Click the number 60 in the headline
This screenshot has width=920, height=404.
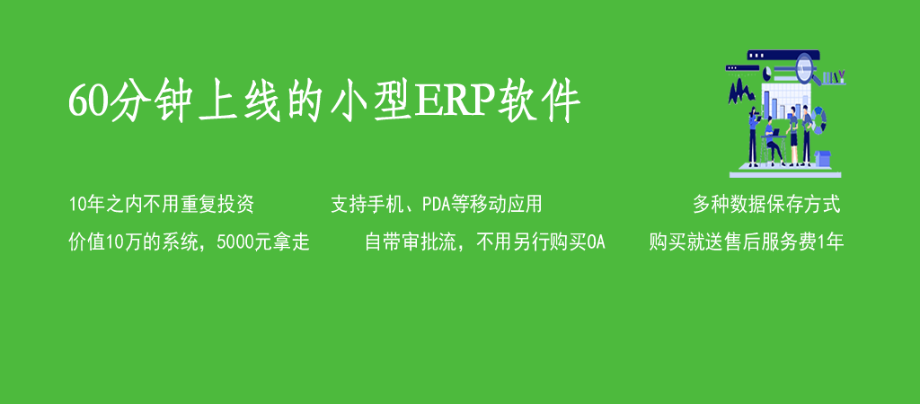[x=89, y=101]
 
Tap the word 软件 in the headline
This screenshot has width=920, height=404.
[x=539, y=101]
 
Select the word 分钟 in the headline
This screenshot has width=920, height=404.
[x=151, y=101]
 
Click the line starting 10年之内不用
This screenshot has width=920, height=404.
[x=162, y=205]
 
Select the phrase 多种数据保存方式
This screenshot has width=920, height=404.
[x=766, y=205]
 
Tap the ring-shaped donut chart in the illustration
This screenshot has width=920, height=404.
[x=819, y=120]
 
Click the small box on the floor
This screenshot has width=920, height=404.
[x=823, y=158]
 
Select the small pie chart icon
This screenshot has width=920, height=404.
[x=766, y=75]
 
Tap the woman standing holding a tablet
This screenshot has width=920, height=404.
[x=753, y=136]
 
